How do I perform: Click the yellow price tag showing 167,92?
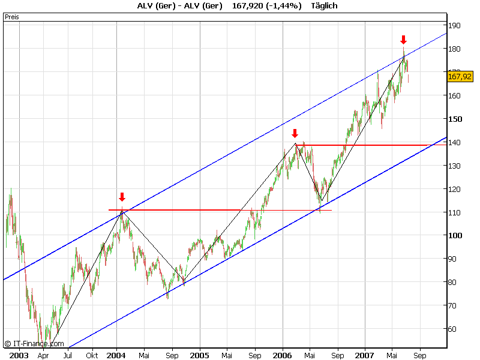(460, 76)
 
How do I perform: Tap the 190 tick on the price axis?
(455, 26)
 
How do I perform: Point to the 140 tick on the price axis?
(455, 143)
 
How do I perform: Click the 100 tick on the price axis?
(455, 236)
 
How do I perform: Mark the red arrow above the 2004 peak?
(122, 197)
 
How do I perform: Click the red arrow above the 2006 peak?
(295, 133)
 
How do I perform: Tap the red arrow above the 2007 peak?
(403, 40)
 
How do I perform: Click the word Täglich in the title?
(325, 6)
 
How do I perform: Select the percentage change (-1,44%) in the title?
(281, 6)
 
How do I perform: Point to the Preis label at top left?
(12, 17)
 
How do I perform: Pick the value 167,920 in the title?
(244, 6)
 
